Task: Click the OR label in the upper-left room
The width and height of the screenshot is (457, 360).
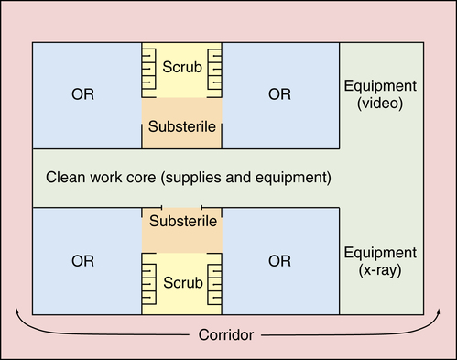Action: [82, 94]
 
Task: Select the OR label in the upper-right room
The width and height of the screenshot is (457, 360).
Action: [280, 94]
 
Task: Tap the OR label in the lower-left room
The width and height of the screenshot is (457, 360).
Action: [82, 261]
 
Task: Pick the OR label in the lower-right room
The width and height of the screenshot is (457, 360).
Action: [280, 261]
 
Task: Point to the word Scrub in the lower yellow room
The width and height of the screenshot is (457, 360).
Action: [181, 282]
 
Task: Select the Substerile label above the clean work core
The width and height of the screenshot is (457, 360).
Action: [181, 126]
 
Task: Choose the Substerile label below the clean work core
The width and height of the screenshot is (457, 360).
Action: [183, 222]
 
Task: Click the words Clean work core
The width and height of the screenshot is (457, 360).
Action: [95, 175]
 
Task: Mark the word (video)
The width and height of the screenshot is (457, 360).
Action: [380, 104]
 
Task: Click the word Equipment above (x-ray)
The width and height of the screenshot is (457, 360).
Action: [380, 252]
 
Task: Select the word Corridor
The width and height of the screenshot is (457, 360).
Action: [226, 334]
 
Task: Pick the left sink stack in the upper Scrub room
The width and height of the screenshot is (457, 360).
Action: [149, 71]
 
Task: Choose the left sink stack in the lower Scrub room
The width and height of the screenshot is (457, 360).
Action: [149, 283]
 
